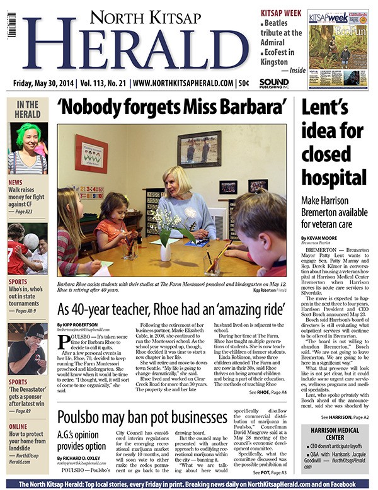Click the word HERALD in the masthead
pyautogui.click(x=136, y=50)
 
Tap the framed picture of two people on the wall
pyautogui.click(x=199, y=149)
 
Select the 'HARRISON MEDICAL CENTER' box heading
pyautogui.click(x=335, y=433)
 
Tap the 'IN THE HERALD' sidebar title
pyautogui.click(x=27, y=109)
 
